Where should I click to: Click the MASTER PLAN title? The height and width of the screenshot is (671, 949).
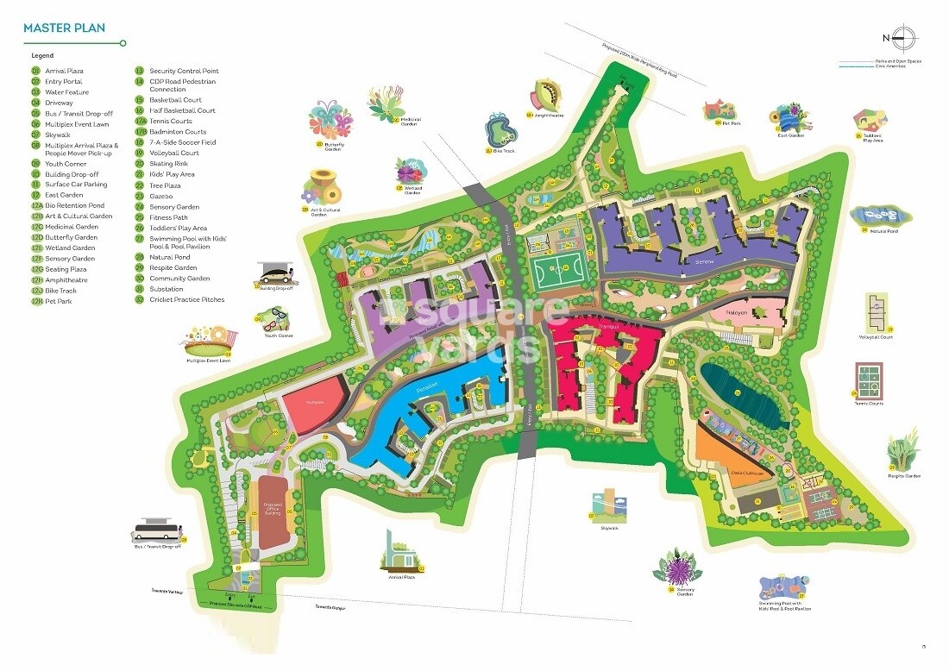pos(64,28)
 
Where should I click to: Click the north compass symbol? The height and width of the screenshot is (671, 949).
pos(903,37)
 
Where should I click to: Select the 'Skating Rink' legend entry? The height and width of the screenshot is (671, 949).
pos(168,163)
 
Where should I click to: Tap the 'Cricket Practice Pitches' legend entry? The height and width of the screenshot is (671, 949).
pos(186,300)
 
